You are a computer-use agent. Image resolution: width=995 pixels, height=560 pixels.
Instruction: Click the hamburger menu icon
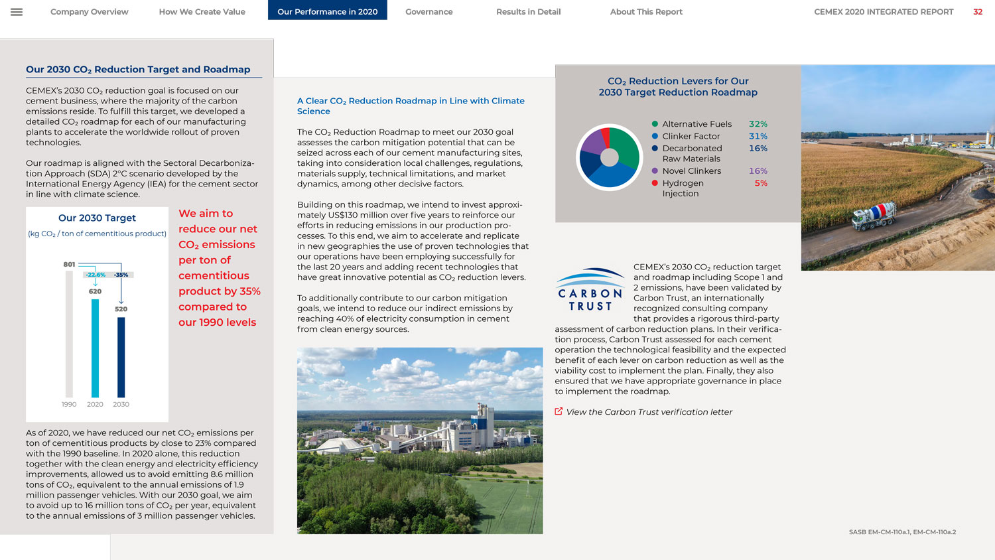(17, 12)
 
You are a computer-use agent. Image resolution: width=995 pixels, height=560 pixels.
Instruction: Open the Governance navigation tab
(429, 12)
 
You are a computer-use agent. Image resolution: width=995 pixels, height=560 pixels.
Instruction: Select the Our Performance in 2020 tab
(327, 12)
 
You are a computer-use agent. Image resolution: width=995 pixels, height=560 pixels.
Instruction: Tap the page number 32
(977, 12)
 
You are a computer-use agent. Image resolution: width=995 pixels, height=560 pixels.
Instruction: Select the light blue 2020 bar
(95, 348)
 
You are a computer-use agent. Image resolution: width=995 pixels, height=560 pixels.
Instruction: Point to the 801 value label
(69, 264)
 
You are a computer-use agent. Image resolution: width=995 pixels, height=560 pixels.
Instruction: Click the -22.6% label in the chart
(96, 275)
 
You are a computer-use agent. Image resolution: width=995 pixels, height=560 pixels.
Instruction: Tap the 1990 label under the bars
(69, 404)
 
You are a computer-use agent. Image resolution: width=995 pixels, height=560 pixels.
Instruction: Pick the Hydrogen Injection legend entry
(683, 188)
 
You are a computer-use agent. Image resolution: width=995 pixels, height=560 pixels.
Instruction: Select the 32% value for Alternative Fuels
(758, 124)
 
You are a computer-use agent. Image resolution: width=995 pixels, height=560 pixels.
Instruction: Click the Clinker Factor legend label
(691, 136)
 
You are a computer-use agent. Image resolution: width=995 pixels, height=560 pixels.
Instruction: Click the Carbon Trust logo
(590, 290)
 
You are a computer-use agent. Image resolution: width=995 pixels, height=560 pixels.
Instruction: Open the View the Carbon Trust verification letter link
(648, 412)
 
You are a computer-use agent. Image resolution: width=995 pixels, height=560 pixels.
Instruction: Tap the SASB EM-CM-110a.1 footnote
(902, 532)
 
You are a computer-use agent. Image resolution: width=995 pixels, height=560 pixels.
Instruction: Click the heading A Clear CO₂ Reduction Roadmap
(410, 105)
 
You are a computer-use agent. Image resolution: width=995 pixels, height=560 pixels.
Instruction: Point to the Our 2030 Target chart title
(97, 218)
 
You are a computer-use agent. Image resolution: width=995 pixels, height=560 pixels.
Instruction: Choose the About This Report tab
(645, 12)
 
